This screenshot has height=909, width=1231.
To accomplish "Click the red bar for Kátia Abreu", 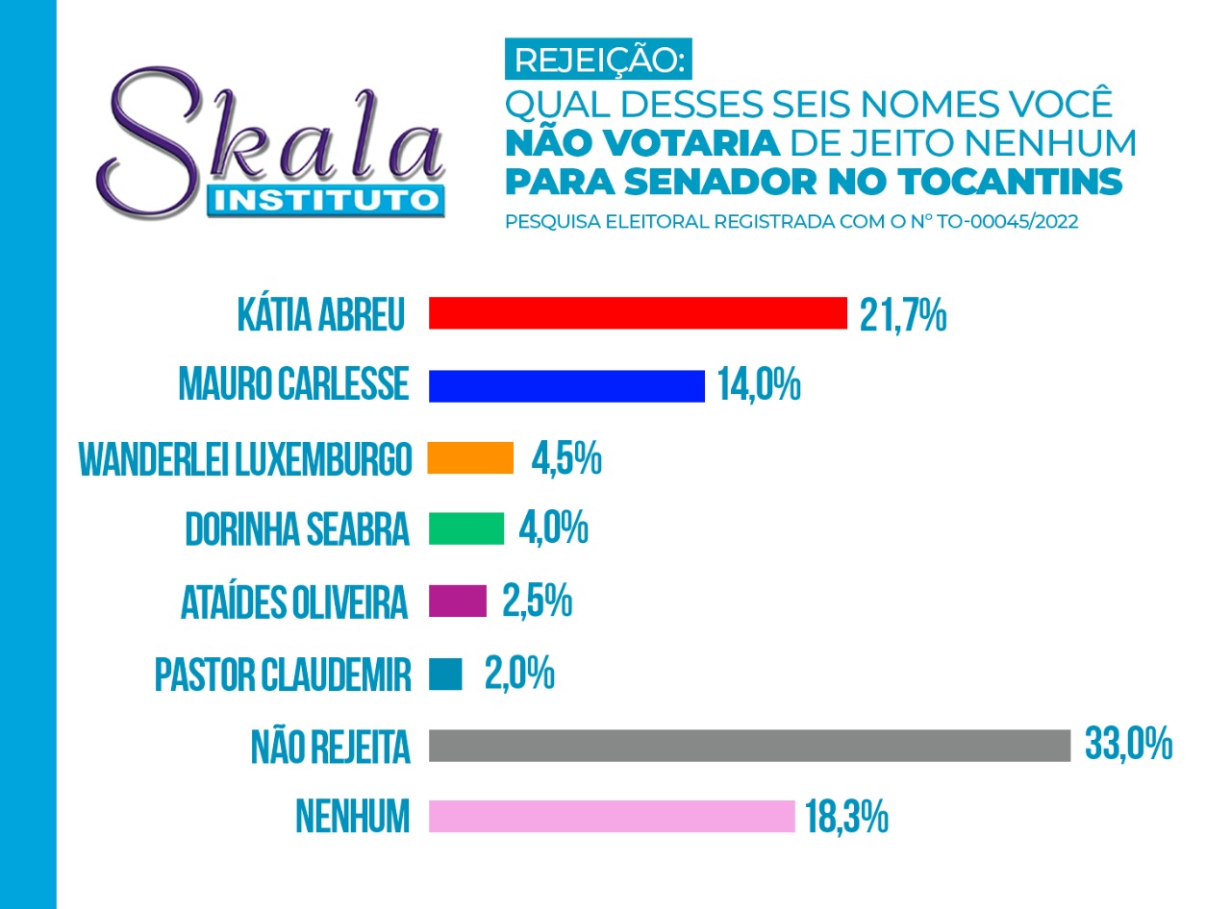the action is (x=638, y=313).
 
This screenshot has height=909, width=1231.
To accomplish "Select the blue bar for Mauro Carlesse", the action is (x=566, y=386).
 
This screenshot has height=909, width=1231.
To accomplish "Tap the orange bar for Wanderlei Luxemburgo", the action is (x=470, y=457).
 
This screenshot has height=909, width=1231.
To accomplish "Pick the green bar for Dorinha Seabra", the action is (x=466, y=528).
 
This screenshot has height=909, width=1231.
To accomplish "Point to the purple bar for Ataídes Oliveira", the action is (x=458, y=602).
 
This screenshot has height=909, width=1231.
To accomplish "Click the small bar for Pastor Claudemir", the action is (x=445, y=674).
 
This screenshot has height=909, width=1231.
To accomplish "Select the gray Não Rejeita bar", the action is (x=749, y=746).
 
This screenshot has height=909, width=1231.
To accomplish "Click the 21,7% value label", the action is (x=903, y=316).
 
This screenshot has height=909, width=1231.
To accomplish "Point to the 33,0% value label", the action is (x=1128, y=745).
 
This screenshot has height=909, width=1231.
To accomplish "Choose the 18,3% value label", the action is (x=846, y=817).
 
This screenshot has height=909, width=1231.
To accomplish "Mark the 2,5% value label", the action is (x=538, y=602).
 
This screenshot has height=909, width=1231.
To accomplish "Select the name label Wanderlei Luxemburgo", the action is (x=245, y=459).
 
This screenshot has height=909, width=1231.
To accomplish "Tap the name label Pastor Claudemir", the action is (x=283, y=675).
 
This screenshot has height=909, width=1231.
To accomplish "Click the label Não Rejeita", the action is (x=330, y=746).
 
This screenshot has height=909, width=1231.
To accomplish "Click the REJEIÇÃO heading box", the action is (x=598, y=59).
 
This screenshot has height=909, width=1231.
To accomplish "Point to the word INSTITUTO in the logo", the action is (x=326, y=201).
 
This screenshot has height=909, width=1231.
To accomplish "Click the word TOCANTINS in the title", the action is (x=1010, y=182).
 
